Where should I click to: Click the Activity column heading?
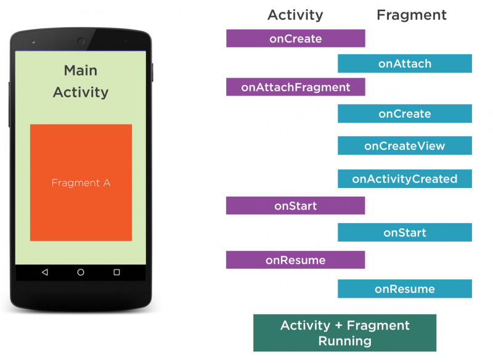tap(295, 15)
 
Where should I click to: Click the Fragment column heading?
tap(412, 15)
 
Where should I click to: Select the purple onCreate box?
tap(295, 39)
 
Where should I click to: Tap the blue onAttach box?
tap(405, 63)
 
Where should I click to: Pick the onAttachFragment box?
tap(295, 88)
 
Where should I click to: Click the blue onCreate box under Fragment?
tap(405, 113)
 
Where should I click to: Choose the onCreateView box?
tap(405, 146)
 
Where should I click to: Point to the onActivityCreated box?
tap(405, 179)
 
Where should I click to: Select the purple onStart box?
tap(295, 206)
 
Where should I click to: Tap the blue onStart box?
tap(405, 233)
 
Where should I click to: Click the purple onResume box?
tap(295, 260)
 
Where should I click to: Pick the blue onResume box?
tap(405, 289)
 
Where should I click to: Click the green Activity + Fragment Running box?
tap(344, 333)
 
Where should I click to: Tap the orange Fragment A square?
tap(81, 182)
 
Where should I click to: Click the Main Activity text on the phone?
tap(81, 81)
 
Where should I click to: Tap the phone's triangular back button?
tap(44, 272)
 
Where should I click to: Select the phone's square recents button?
tap(116, 272)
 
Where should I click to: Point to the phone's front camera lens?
tap(81, 41)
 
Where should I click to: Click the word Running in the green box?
tap(344, 341)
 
